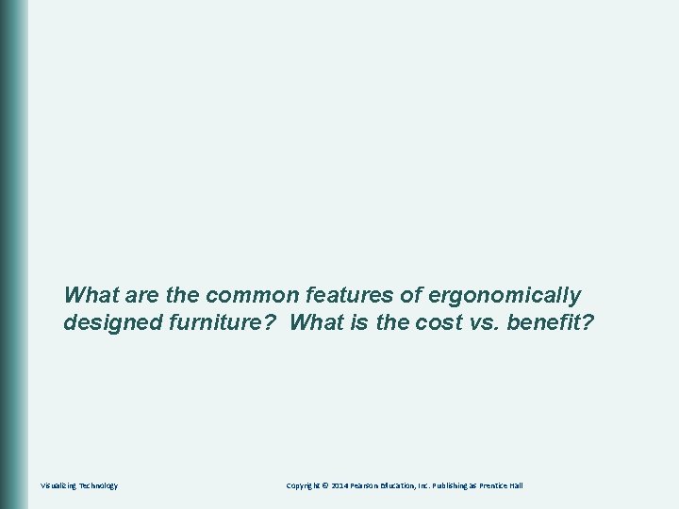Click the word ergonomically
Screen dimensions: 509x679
505,295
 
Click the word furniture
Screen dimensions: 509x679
220,323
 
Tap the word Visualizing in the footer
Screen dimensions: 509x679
58,485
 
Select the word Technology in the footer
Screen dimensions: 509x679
98,485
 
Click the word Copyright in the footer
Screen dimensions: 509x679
306,485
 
